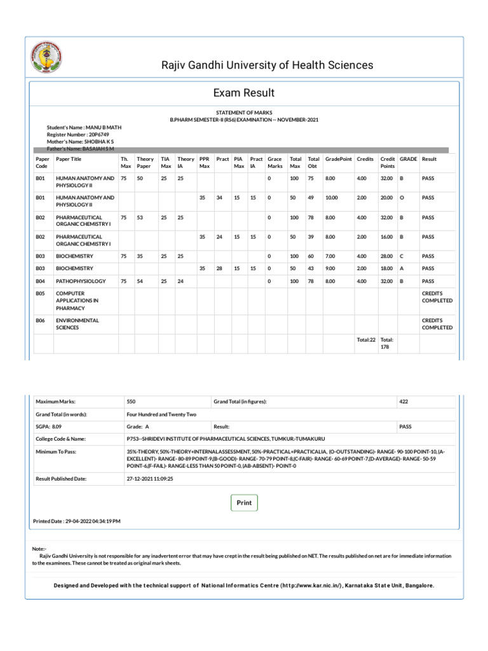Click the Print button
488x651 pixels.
pos(244,503)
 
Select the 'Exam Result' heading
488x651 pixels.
pos(244,93)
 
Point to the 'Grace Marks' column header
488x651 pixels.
pos(274,162)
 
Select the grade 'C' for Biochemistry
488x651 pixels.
pos(401,256)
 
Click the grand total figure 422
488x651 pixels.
pos(403,402)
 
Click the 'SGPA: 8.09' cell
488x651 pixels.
pos(48,427)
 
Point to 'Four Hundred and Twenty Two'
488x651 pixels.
pos(162,415)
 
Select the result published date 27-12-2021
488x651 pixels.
pos(150,478)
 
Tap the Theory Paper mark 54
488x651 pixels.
pos(140,280)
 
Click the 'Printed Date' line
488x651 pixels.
pos(76,521)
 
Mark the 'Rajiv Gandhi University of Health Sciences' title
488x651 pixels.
pos(266,65)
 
